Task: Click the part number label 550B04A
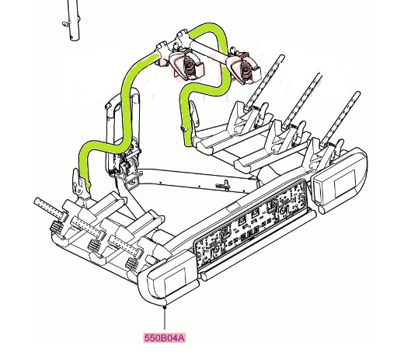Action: (x=165, y=338)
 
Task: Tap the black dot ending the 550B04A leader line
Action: (x=165, y=307)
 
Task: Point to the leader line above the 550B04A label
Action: (x=165, y=320)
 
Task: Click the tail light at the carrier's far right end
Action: (x=339, y=178)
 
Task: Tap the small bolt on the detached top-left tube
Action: (x=65, y=24)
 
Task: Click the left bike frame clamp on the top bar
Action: (x=187, y=65)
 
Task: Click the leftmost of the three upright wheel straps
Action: (x=265, y=82)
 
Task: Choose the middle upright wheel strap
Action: (x=301, y=100)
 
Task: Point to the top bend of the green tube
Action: (x=211, y=26)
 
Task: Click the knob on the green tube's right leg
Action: (x=184, y=129)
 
